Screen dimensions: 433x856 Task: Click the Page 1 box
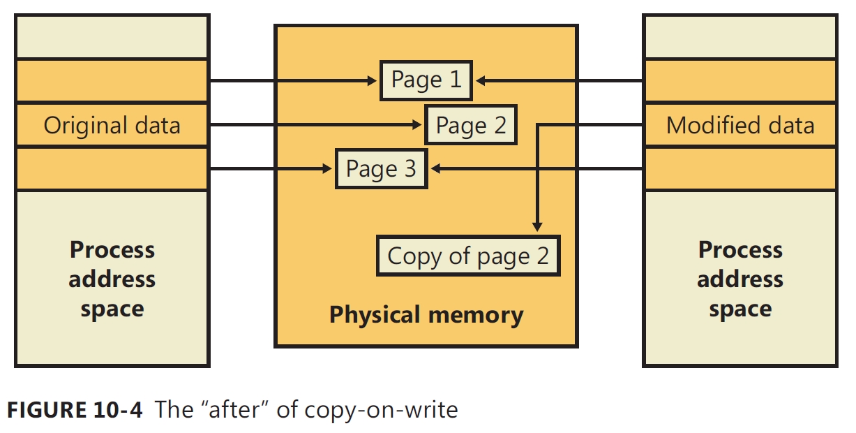pos(426,80)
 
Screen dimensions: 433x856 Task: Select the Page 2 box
pos(471,125)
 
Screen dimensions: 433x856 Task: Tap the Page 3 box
pos(381,168)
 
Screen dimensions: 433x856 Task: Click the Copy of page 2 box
pos(468,256)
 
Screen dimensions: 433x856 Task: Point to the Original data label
pos(112,126)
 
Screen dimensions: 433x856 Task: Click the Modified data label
pos(740,126)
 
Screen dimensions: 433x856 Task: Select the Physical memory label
pos(426,315)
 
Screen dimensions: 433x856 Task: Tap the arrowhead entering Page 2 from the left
pos(417,125)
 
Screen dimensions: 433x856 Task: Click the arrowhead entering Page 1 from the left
pos(373,80)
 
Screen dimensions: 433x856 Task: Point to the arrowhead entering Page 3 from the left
pos(328,168)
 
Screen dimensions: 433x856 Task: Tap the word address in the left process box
pos(112,279)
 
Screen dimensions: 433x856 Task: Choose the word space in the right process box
pos(740,309)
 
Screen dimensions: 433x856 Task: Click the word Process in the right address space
pos(740,250)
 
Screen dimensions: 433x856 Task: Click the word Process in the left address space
pos(112,250)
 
